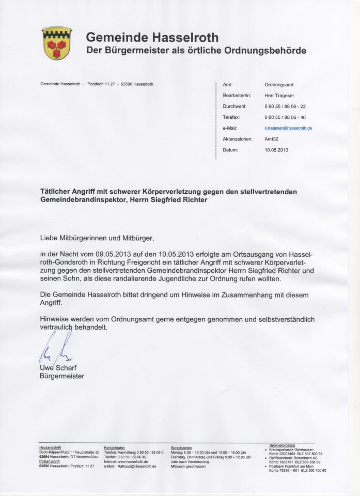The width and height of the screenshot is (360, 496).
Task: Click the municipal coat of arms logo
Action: tap(57, 43)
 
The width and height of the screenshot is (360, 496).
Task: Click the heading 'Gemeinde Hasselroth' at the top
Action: tap(152, 37)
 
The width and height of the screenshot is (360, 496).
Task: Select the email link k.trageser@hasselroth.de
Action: tap(288, 128)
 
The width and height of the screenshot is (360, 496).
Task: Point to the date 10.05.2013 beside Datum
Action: tap(276, 150)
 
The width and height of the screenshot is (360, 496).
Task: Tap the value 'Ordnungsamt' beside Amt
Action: tap(279, 84)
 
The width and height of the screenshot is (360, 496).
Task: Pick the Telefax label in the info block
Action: tap(231, 117)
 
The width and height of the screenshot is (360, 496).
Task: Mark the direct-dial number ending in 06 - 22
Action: tap(285, 106)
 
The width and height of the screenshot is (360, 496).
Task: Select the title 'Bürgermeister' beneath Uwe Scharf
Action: tap(62, 376)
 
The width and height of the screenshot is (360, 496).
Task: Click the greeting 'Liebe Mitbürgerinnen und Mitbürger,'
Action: tap(97, 238)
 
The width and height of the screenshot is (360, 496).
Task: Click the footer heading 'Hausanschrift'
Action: tap(50, 447)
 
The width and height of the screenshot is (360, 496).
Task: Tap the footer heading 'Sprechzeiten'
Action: tap(181, 447)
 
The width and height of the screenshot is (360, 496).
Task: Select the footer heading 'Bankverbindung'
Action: tap(282, 445)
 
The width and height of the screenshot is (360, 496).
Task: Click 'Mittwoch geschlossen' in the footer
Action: tap(188, 466)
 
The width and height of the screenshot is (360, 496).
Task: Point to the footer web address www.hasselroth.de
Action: tap(133, 461)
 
